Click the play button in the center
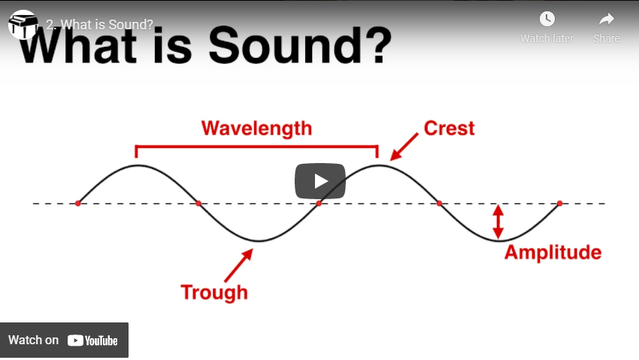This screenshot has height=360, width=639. (320, 181)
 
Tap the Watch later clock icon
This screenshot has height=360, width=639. (547, 19)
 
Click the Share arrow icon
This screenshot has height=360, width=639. (607, 19)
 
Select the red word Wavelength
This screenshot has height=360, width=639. (257, 129)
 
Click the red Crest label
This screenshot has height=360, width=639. (449, 129)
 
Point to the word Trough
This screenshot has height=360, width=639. (214, 293)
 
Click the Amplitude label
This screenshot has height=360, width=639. (553, 253)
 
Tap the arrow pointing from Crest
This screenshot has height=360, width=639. (404, 147)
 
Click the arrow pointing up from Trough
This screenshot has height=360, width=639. (239, 265)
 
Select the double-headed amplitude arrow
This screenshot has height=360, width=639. (498, 222)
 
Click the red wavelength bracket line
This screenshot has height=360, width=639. (257, 146)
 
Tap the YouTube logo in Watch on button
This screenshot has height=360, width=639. (92, 340)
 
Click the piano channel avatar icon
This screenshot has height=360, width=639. (23, 25)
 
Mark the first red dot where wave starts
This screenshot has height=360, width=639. (78, 203)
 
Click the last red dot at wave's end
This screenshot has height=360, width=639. (559, 203)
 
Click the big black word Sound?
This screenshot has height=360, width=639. (300, 45)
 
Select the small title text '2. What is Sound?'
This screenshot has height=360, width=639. (99, 25)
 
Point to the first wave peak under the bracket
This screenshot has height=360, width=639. (138, 165)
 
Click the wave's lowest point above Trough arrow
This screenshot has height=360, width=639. (259, 241)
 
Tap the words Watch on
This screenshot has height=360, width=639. (33, 340)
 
